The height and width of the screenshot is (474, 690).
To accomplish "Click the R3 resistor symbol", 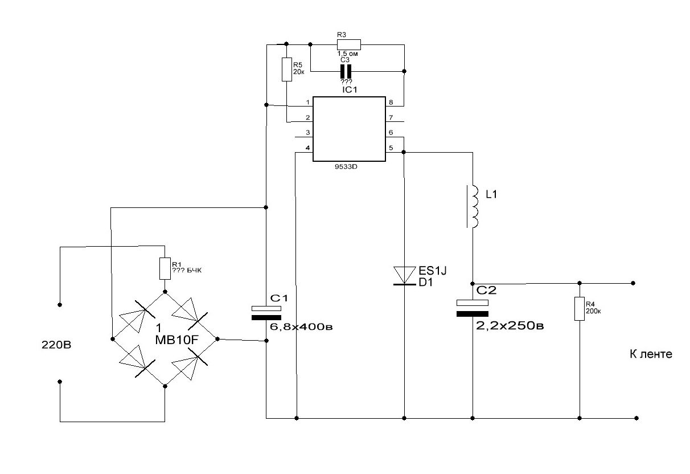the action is [x=348, y=44].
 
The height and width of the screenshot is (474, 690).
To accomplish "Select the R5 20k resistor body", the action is [x=287, y=70].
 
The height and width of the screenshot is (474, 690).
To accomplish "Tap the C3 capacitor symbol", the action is [x=346, y=72].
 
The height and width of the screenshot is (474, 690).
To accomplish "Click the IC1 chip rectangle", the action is [x=349, y=129].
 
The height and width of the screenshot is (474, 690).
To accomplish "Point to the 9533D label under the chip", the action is [x=346, y=167].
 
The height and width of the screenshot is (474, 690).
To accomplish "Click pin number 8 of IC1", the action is [x=391, y=102].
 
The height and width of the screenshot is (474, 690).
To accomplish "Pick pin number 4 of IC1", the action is [x=307, y=148].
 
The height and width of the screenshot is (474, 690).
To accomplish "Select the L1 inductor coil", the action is [x=473, y=206].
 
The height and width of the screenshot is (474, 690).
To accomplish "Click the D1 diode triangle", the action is [x=404, y=276].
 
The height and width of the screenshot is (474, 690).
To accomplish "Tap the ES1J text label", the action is [x=433, y=271].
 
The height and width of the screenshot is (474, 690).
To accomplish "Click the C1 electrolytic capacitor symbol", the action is [x=266, y=313].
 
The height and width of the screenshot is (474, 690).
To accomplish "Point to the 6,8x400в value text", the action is [x=301, y=326].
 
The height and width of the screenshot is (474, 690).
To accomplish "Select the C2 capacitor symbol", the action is [x=472, y=308].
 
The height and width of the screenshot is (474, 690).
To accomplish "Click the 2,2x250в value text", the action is [x=510, y=326].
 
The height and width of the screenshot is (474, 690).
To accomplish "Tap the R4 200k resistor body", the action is [x=580, y=309].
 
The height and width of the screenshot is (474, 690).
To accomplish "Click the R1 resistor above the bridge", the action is [x=165, y=269].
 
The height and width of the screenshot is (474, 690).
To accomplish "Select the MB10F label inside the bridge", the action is [x=176, y=340].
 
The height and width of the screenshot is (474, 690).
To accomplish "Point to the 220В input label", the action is [x=56, y=345].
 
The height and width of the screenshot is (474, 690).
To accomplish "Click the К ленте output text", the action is [x=651, y=354].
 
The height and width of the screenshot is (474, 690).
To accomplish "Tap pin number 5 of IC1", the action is [x=391, y=148].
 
